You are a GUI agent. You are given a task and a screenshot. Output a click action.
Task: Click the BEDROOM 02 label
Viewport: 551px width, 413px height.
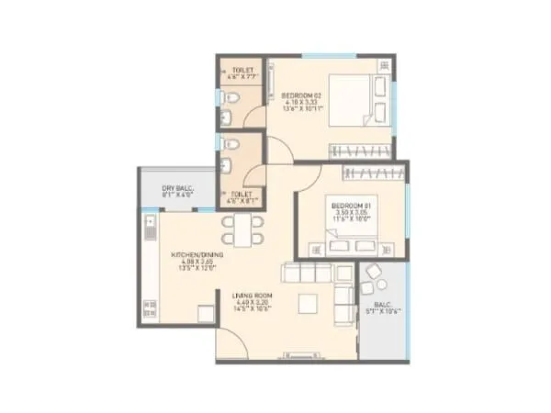tap(299, 95)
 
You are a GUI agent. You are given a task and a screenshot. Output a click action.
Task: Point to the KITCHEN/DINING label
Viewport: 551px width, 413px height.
tap(194, 254)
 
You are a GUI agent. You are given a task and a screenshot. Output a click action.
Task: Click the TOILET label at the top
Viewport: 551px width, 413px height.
tap(243, 70)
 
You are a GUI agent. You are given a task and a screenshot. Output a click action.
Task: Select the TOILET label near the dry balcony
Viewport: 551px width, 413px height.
tap(243, 195)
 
